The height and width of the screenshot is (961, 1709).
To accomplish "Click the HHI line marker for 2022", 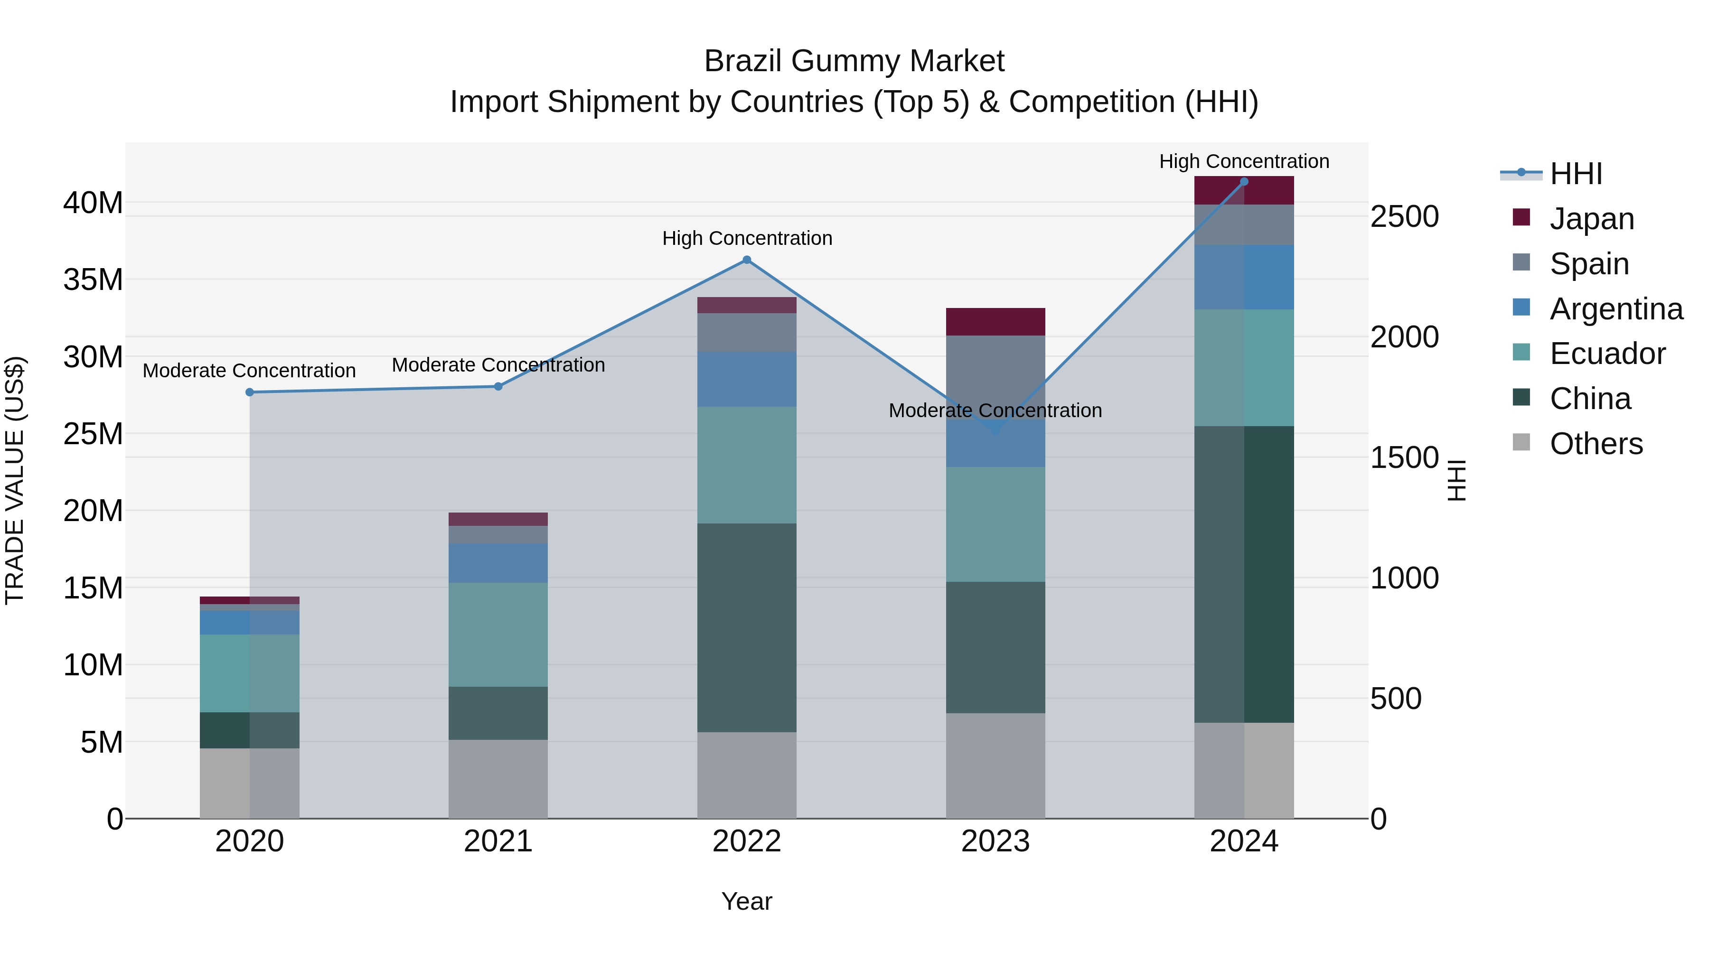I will coord(746,260).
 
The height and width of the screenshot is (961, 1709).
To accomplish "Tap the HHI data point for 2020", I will coord(249,392).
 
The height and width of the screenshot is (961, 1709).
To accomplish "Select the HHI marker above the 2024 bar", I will coord(1244,182).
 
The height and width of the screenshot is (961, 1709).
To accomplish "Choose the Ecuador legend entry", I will coord(1607,354).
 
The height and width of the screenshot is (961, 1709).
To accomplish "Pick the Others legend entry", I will coord(1596,444).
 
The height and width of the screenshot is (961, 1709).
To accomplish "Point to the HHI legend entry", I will coord(1576,174).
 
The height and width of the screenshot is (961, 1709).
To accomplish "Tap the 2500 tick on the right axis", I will coord(1404,217).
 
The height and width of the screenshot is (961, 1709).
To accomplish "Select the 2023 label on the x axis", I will coord(995,841).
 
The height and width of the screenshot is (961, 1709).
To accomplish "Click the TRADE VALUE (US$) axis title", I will coord(15,480).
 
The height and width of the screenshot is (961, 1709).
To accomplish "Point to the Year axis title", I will coord(746,901).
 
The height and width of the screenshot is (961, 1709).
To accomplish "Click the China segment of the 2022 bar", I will coord(746,627).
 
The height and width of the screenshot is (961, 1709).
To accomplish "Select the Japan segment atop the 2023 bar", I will coord(995,322).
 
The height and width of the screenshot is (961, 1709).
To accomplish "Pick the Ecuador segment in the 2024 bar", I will coord(1244,367).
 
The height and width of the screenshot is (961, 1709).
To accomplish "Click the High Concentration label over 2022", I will coord(746,238).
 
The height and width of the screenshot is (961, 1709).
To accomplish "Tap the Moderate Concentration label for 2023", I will coord(995,411).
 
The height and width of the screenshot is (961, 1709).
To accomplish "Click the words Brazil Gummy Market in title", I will coord(854,61).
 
